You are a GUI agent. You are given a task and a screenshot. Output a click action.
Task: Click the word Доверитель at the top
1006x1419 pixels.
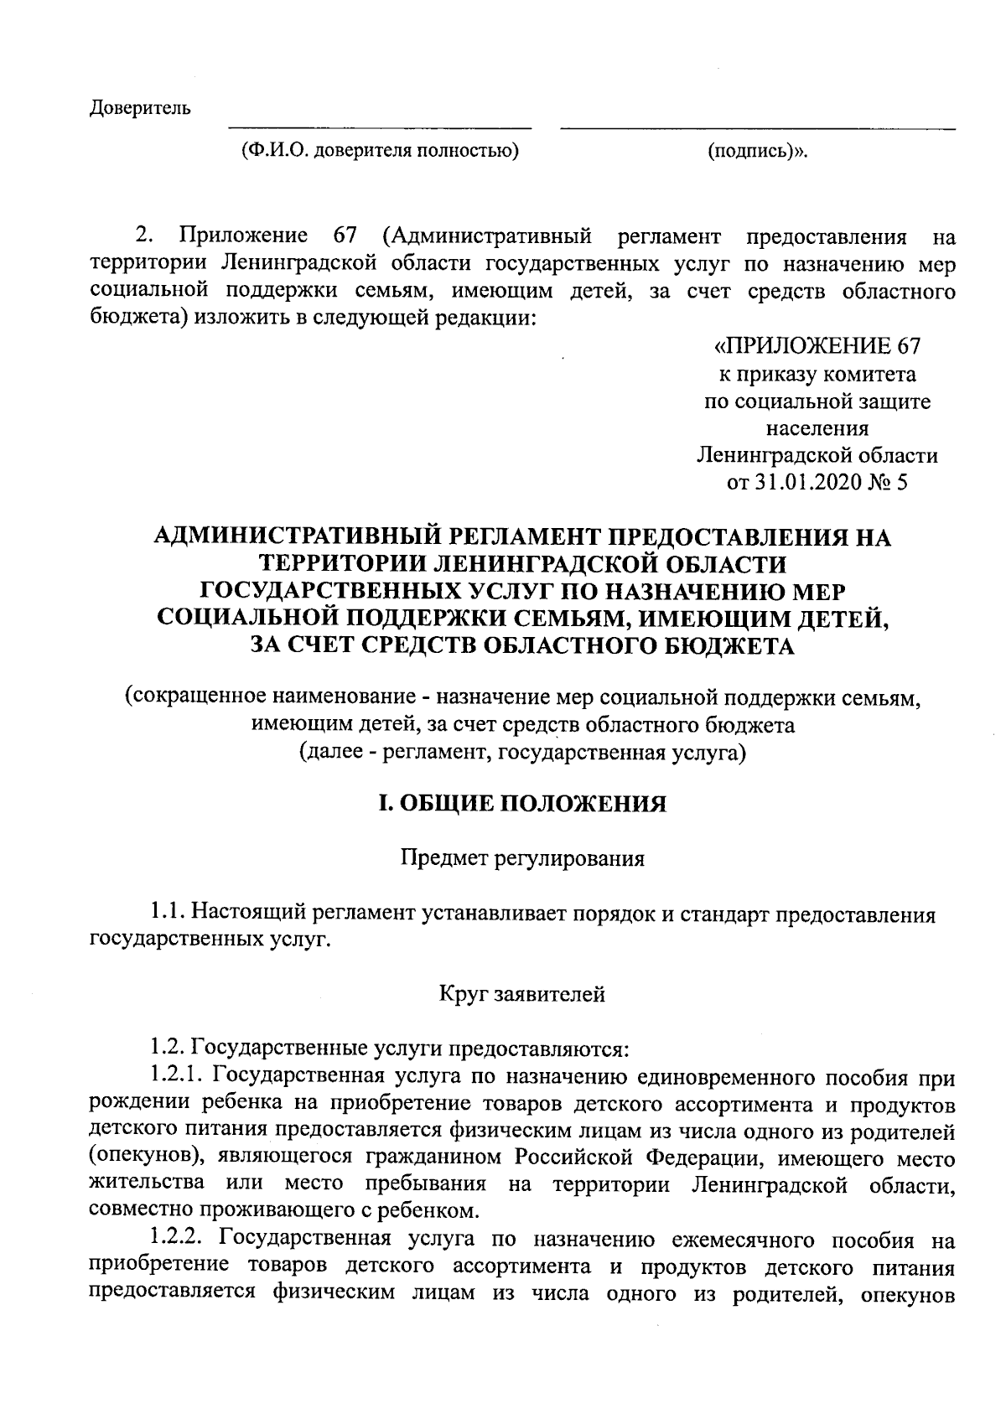(140, 108)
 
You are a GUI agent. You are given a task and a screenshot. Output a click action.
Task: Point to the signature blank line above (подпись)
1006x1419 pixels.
(757, 129)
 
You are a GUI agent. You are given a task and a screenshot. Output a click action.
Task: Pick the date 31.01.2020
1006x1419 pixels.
(806, 483)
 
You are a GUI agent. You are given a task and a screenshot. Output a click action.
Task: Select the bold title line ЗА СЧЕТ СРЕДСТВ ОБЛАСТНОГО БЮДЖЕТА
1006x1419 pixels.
(523, 645)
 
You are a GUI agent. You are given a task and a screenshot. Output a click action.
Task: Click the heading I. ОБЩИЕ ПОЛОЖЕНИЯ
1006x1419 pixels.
(523, 804)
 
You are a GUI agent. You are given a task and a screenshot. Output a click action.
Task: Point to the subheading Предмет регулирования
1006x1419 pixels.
(523, 859)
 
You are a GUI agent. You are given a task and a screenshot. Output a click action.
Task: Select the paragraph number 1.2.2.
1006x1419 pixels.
(180, 1238)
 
